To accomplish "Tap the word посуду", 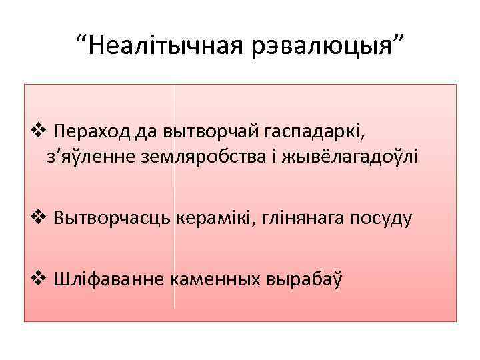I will [388, 217].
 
